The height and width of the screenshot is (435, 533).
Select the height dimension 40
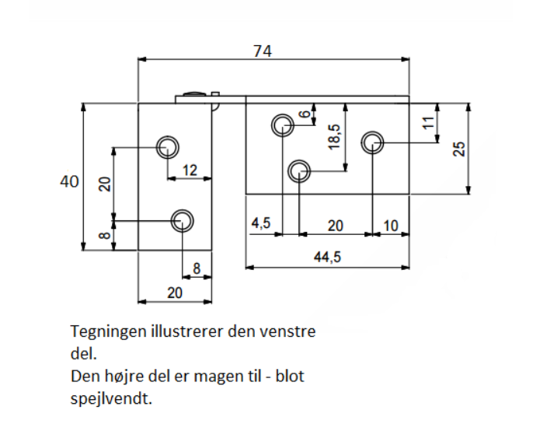(69, 181)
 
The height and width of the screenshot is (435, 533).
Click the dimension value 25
(459, 149)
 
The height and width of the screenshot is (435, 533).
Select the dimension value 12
(190, 170)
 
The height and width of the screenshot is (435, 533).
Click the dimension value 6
(305, 114)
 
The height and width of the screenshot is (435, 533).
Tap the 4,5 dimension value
(261, 224)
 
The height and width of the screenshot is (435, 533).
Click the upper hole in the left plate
(167, 146)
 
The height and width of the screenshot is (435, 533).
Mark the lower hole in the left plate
(182, 220)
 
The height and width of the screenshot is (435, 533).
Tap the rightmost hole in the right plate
(373, 142)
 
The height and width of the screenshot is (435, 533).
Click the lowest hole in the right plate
(298, 170)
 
